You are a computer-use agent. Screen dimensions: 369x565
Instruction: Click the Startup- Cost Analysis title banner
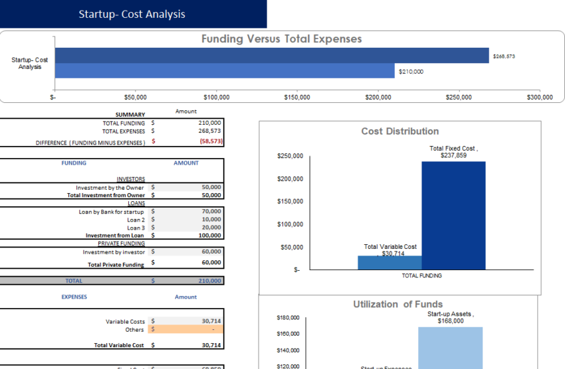[132, 14]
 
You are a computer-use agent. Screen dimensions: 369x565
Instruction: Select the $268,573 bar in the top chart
[271, 56]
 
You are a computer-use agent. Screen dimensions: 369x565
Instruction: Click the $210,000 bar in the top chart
[224, 71]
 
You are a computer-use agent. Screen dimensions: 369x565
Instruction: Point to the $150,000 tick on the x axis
[296, 98]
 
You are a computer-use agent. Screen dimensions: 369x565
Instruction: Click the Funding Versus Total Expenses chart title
[281, 39]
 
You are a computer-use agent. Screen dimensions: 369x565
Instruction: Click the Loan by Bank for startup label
[111, 212]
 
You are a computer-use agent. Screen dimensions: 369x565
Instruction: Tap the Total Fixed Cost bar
[453, 215]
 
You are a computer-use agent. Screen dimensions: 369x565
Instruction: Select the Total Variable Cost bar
[390, 263]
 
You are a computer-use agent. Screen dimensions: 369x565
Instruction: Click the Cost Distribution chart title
[399, 131]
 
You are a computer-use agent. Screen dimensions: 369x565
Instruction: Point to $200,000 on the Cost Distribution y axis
[290, 179]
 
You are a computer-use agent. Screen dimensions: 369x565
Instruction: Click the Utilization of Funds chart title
[397, 304]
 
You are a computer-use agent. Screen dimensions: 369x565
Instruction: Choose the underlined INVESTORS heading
[130, 179]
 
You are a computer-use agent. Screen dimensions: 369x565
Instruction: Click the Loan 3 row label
[136, 228]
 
